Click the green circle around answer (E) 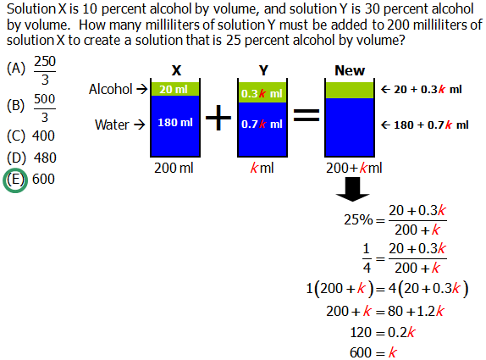pyautogui.click(x=15, y=180)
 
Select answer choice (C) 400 pyautogui.click(x=30, y=136)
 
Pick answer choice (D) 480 pyautogui.click(x=31, y=158)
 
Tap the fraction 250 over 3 pyautogui.click(x=45, y=71)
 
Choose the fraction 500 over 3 pyautogui.click(x=45, y=108)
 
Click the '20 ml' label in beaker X pyautogui.click(x=173, y=89)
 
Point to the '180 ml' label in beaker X pyautogui.click(x=175, y=124)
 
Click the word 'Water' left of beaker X pyautogui.click(x=112, y=125)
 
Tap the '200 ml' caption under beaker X pyautogui.click(x=175, y=168)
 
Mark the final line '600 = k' pyautogui.click(x=373, y=352)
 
